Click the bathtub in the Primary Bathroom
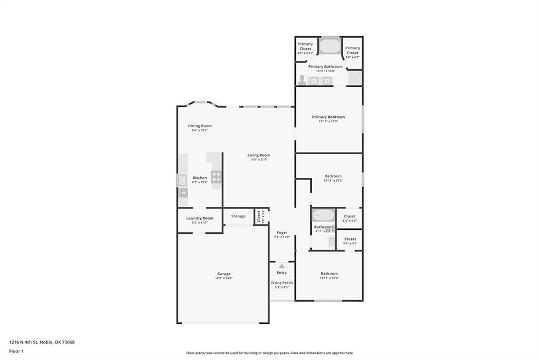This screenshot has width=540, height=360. [330, 46]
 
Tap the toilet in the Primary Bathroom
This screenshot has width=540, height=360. [301, 81]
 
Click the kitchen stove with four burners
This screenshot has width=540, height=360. [216, 177]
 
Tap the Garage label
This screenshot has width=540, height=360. [223, 273]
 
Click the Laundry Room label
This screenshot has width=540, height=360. [200, 218]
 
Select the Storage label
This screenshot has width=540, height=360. [238, 216]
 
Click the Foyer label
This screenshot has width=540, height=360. [282, 232]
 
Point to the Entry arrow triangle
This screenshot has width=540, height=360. [282, 266]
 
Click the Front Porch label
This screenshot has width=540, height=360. [282, 283]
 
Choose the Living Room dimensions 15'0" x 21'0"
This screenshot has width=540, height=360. [259, 160]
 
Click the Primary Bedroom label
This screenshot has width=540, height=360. [328, 117]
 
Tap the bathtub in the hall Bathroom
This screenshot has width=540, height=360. [323, 215]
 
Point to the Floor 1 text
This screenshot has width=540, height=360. [16, 351]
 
